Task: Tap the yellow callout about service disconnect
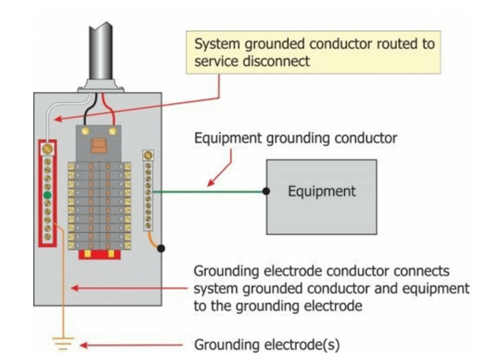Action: [310, 54]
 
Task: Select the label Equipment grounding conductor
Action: [296, 139]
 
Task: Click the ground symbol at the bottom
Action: [64, 344]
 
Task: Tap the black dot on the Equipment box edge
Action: [266, 191]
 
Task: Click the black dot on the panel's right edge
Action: [162, 248]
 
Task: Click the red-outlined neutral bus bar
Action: [47, 192]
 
